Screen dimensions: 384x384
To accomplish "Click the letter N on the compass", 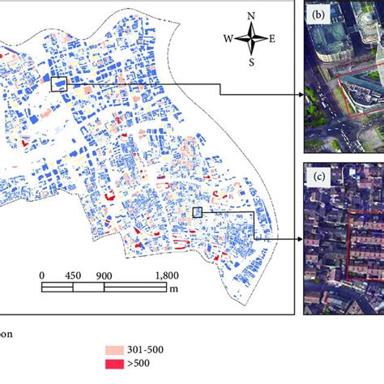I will pos(252,15).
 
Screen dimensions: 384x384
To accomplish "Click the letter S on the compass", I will pos(252,61).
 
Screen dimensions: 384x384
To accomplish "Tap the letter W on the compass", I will pos(229,38).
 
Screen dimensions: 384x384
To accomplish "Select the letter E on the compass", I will pos(272,38).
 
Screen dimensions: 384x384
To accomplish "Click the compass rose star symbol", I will pos(252,37).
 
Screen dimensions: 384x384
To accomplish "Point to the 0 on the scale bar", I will pos(42,275).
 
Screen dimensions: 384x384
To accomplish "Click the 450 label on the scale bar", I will pos(73,275).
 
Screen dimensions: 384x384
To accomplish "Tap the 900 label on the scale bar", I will pos(104,275).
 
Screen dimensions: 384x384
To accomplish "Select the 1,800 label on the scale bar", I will pos(166,275).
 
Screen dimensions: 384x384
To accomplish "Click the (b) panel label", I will pos(314,13).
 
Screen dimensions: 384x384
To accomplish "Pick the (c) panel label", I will pos(314,173).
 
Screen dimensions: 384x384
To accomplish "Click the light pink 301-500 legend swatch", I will pos(117,349).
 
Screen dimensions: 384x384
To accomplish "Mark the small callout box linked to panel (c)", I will pos(196,212).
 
